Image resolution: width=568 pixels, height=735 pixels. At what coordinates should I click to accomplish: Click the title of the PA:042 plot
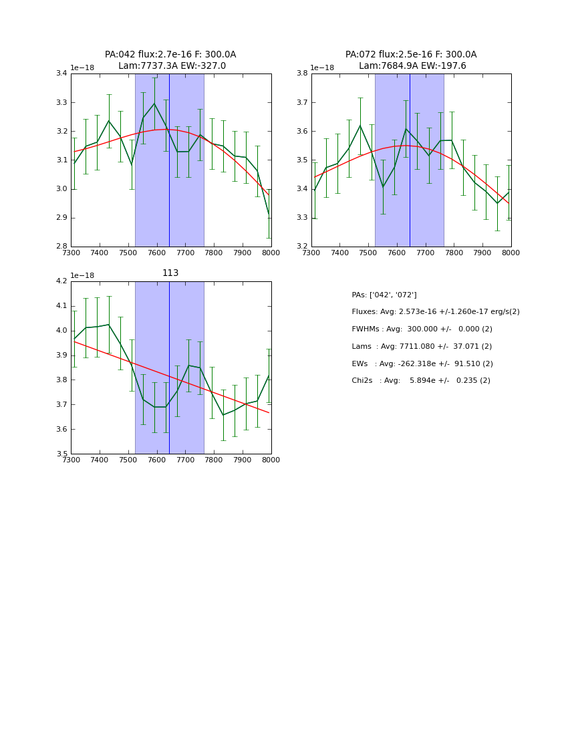click(x=170, y=60)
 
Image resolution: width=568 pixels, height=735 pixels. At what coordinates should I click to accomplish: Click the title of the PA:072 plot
click(x=411, y=60)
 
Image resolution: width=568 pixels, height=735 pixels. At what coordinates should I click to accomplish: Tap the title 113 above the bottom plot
click(x=170, y=273)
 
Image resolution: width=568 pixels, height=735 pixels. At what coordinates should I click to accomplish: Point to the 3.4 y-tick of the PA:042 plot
click(x=61, y=73)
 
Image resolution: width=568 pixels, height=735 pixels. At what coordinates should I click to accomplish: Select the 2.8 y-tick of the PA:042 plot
click(x=61, y=247)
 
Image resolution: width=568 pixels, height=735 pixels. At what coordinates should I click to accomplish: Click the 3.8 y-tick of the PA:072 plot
click(x=302, y=73)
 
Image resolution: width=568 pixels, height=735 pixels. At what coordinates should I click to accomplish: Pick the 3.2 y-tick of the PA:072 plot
click(x=302, y=247)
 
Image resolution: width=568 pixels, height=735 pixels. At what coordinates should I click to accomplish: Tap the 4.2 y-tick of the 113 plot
click(x=61, y=281)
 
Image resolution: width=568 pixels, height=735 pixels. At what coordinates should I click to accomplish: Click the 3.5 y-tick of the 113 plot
click(x=61, y=454)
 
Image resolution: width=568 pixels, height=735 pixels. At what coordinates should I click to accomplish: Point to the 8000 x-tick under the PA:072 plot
click(x=511, y=253)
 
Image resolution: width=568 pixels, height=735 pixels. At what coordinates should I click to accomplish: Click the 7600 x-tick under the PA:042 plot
click(x=156, y=253)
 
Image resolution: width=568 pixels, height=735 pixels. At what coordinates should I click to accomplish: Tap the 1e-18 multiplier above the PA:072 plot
click(x=322, y=67)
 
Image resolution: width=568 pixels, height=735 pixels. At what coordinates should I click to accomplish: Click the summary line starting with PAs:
click(x=384, y=295)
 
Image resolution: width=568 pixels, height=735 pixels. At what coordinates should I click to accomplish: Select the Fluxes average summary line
click(x=435, y=312)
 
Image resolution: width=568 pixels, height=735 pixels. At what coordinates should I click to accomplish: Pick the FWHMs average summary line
click(x=422, y=329)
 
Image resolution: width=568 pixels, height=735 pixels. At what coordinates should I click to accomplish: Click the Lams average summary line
click(x=422, y=347)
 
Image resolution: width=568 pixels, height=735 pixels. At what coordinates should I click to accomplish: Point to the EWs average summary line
click(x=422, y=364)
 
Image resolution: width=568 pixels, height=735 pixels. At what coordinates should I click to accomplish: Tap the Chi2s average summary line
click(x=421, y=381)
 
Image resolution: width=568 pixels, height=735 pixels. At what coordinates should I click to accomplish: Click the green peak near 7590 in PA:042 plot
click(x=154, y=104)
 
